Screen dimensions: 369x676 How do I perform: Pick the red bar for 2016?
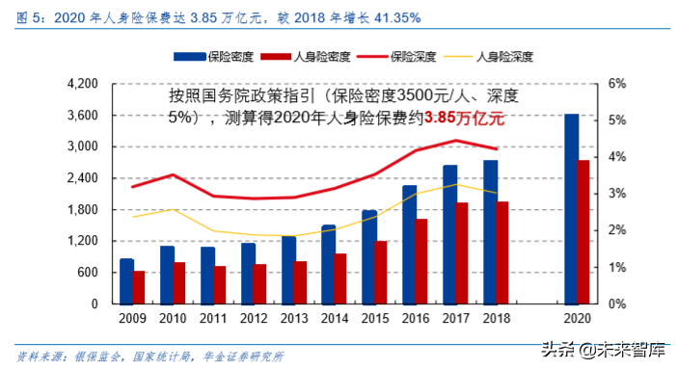pos(421,261)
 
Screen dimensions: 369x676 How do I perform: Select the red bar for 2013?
pos(301,282)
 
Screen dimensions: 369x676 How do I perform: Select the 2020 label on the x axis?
pos(577,317)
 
